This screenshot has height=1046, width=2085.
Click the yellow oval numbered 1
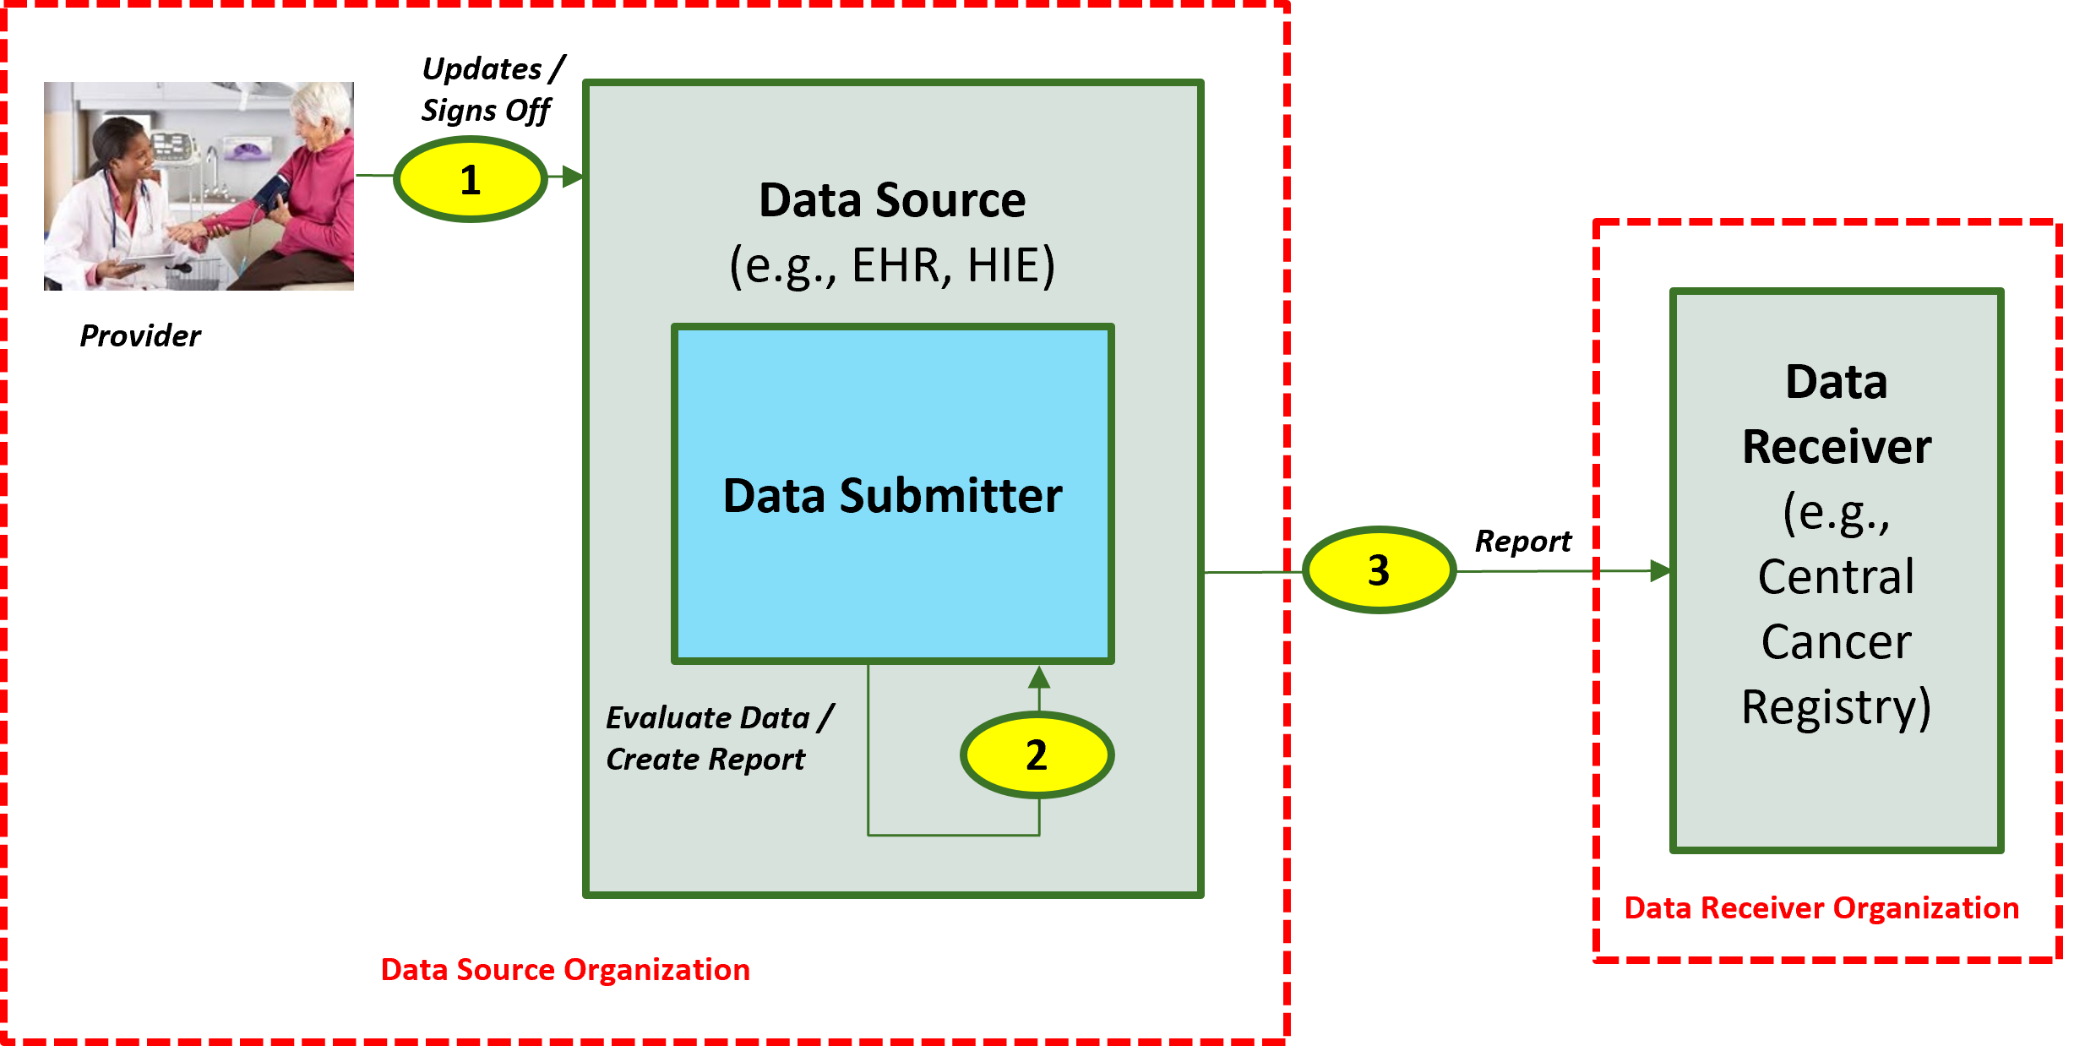click(471, 180)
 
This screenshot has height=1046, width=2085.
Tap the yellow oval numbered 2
click(1037, 755)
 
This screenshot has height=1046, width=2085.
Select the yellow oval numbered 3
click(1378, 570)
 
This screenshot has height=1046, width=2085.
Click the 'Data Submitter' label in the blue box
click(892, 495)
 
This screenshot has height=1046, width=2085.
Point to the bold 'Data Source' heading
click(892, 200)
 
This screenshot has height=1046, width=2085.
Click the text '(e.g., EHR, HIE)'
click(892, 265)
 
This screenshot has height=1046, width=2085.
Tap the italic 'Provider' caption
click(140, 336)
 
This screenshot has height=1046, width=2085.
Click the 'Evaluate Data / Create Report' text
click(718, 738)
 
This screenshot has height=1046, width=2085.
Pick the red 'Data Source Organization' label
click(565, 969)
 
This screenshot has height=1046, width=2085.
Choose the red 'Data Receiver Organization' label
click(1821, 907)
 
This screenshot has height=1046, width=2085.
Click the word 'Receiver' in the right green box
click(1837, 447)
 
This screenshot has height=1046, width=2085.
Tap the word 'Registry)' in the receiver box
click(1837, 707)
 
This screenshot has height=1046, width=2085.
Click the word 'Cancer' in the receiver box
click(1837, 642)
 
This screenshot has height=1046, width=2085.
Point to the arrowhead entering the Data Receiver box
click(1661, 571)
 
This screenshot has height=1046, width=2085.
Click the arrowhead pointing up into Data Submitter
click(1039, 676)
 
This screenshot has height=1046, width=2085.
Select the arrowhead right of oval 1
click(573, 177)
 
